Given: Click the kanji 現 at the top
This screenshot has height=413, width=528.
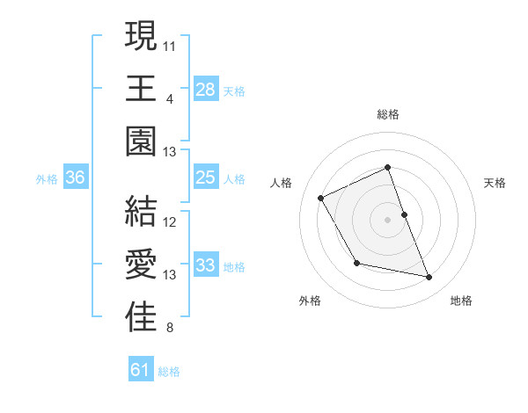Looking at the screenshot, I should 141,37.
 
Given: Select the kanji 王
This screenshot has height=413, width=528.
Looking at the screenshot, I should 141,89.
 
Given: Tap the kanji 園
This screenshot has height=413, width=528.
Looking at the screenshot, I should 141,141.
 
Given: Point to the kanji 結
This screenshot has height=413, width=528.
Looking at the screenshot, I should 141,213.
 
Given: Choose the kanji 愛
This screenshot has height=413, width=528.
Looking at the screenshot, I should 141,265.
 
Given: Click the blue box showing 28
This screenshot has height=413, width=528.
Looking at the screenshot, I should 206,89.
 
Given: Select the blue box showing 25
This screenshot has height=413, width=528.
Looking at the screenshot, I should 206,178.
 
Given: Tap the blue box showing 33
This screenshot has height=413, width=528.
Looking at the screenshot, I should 206,265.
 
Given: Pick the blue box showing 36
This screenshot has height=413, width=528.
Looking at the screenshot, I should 76,178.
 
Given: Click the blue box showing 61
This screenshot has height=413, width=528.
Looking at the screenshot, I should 141,370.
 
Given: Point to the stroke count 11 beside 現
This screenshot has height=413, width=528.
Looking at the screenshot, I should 170,44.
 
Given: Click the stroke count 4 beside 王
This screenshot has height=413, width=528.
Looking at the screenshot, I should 169,98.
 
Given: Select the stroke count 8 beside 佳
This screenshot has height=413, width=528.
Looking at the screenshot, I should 169,329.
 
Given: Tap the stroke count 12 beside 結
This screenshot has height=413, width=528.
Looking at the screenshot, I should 170,222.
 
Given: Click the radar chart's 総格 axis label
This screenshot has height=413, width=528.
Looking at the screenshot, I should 388,114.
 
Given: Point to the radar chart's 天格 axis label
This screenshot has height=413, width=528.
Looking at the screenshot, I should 495,183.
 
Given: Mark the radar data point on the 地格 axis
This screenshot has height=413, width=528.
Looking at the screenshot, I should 429,278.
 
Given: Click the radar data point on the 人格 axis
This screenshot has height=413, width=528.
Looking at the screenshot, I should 321,198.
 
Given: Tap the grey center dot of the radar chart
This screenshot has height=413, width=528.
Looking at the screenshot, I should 388,220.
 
